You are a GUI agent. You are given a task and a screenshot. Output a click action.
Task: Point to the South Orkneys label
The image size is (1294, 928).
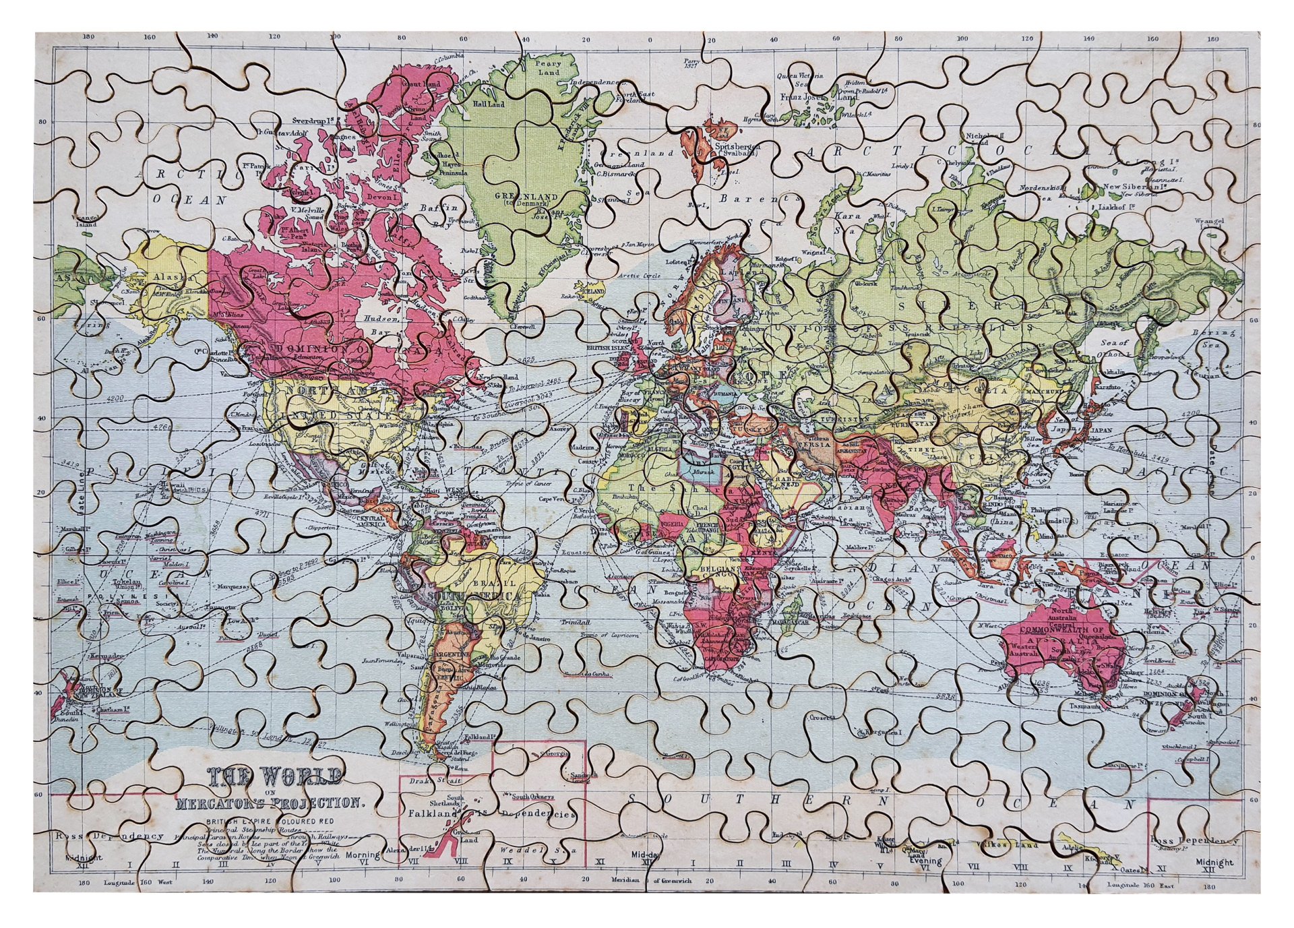pos(532,797)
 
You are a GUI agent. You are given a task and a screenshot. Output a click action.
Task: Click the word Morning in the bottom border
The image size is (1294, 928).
pos(362,855)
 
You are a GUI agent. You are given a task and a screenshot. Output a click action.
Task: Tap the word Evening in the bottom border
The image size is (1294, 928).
pos(924,861)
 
